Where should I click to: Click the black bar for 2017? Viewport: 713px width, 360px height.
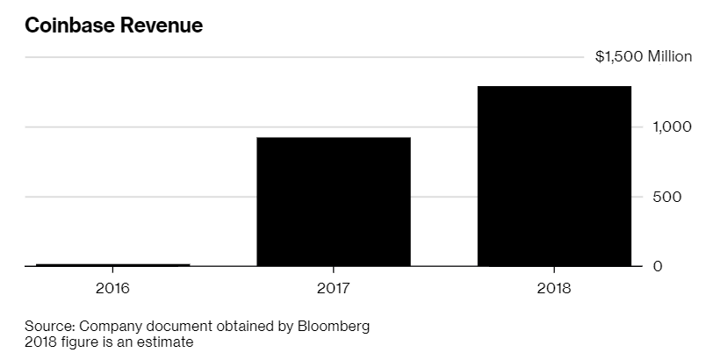tap(333, 201)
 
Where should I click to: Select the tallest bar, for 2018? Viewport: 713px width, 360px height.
tap(554, 176)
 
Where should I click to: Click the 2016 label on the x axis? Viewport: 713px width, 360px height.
tap(112, 288)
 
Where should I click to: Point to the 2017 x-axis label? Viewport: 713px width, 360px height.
tap(334, 288)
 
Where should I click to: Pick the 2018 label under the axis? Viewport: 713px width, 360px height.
tap(554, 288)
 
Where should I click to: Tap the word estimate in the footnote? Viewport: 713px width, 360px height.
tap(165, 342)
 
